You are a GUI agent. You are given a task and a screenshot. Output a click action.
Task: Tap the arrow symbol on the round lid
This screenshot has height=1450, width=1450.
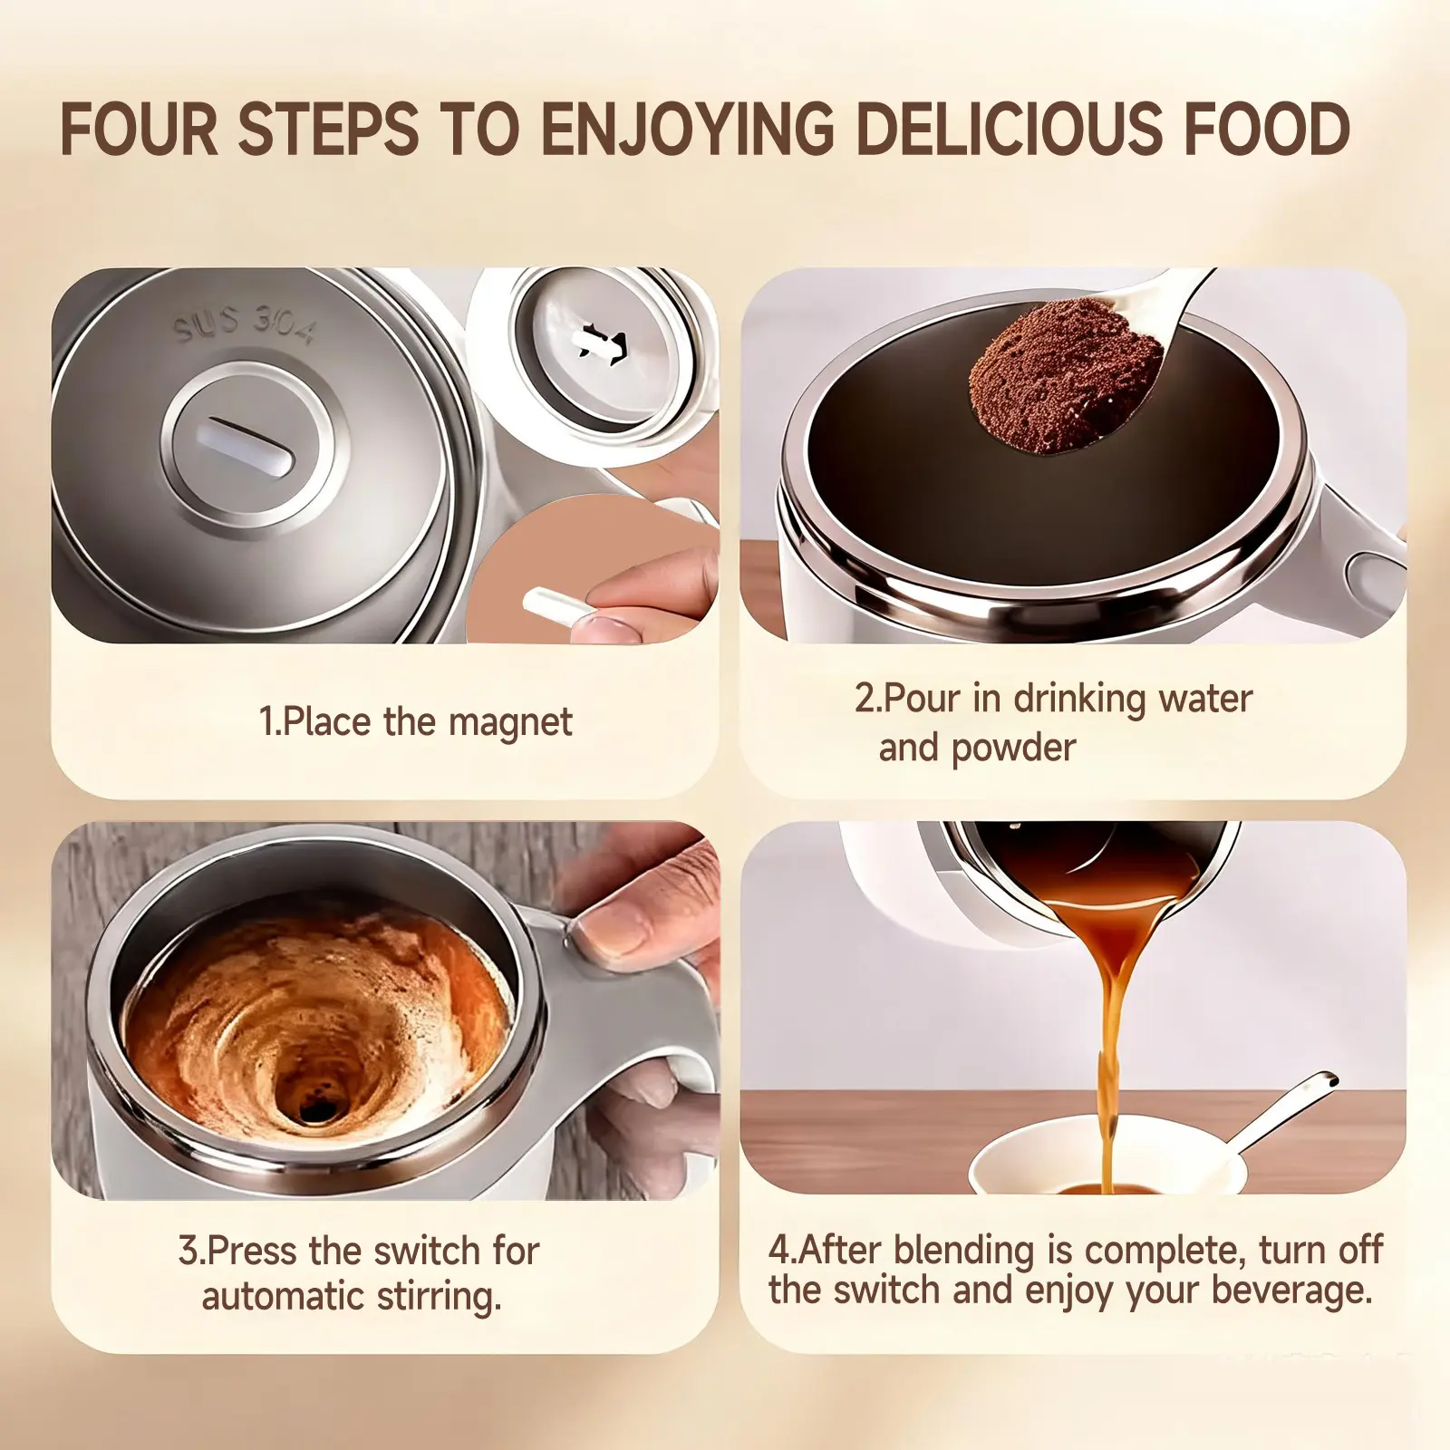tap(601, 343)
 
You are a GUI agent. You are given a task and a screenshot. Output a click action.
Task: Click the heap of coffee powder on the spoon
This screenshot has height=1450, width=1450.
tap(1065, 384)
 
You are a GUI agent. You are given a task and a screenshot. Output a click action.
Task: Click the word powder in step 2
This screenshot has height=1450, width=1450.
tap(1014, 749)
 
